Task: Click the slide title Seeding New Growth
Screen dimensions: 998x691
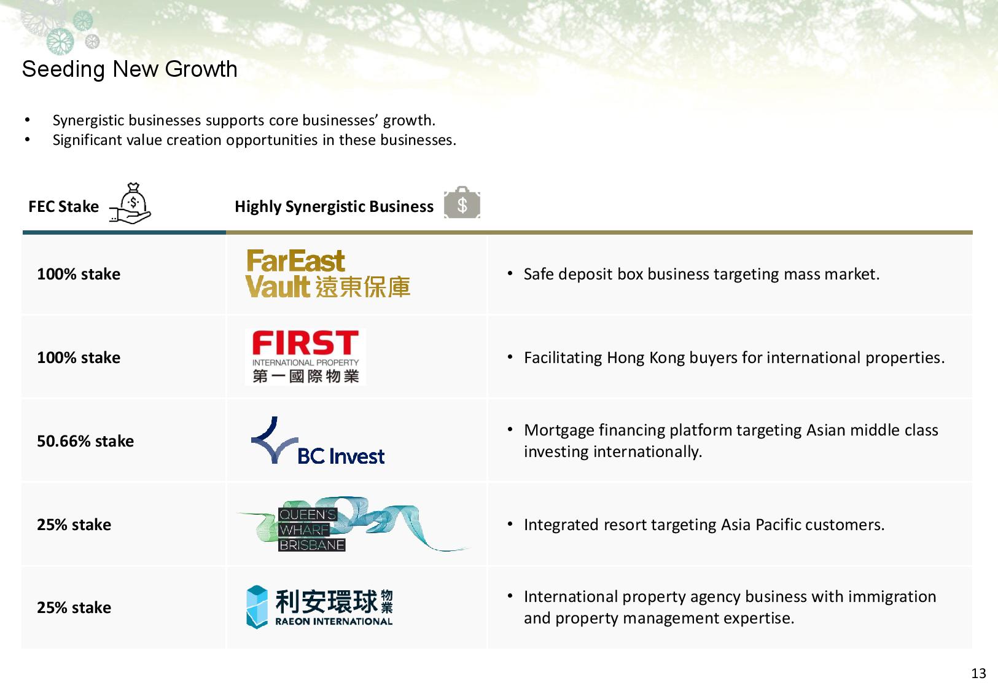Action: (x=130, y=69)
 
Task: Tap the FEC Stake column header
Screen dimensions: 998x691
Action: (x=64, y=207)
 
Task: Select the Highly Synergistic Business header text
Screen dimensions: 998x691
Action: (x=334, y=207)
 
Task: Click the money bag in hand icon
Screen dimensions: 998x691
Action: (x=130, y=203)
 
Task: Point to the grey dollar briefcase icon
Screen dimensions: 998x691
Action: (x=462, y=203)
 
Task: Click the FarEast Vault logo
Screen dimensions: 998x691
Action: (x=327, y=273)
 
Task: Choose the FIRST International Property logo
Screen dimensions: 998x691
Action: (x=306, y=357)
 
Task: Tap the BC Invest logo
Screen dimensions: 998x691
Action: (x=318, y=441)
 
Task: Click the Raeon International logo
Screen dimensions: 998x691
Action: (x=319, y=607)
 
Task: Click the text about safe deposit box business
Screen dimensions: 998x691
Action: (x=702, y=275)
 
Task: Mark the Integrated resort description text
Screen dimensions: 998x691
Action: (x=704, y=525)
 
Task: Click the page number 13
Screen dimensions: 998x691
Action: (x=978, y=673)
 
